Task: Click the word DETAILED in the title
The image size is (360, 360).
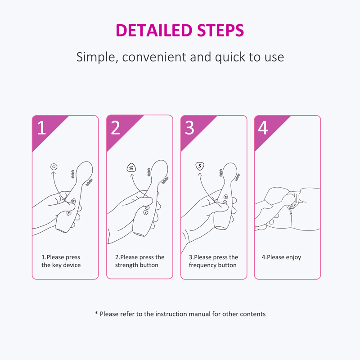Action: click(x=154, y=31)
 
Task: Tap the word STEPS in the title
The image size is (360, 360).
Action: click(x=220, y=31)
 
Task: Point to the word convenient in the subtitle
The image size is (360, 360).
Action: click(x=154, y=57)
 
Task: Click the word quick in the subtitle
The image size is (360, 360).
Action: click(x=230, y=57)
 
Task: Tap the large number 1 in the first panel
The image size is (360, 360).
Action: click(x=41, y=128)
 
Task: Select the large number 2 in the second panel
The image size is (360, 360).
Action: click(x=116, y=128)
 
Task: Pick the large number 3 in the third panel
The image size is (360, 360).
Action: click(x=189, y=128)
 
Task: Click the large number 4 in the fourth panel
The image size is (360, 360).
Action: click(x=263, y=128)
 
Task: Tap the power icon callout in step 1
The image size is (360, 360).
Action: click(x=54, y=166)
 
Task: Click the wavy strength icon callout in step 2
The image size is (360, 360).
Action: click(x=131, y=168)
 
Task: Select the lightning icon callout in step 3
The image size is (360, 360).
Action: click(x=200, y=166)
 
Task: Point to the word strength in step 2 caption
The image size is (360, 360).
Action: click(x=126, y=265)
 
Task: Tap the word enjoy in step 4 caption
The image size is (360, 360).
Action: click(x=293, y=257)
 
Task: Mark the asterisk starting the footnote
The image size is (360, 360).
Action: click(x=96, y=313)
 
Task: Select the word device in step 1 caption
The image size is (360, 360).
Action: click(x=72, y=265)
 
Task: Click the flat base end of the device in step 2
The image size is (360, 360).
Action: click(x=139, y=234)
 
